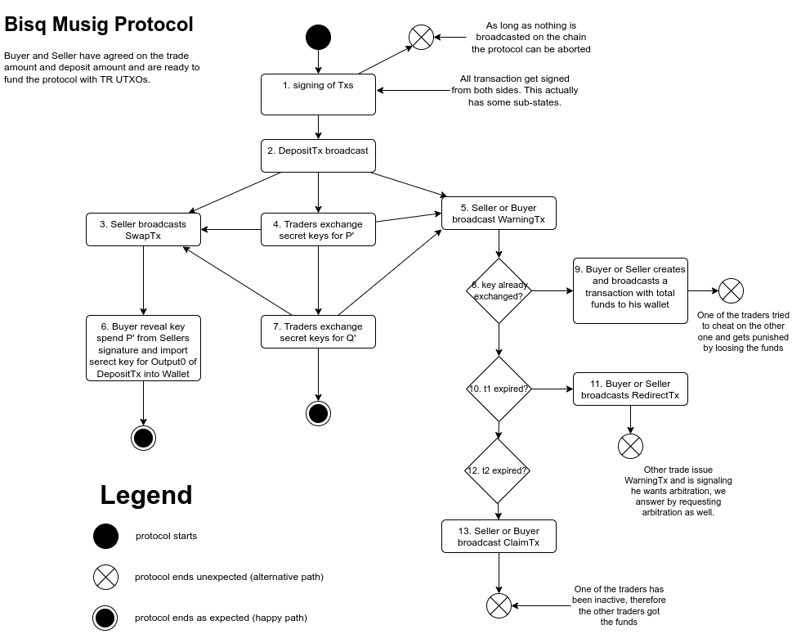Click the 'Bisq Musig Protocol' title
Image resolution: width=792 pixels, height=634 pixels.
click(x=99, y=25)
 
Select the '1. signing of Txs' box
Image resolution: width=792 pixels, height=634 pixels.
click(x=318, y=94)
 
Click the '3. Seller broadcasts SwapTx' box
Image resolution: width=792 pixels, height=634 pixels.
click(x=143, y=229)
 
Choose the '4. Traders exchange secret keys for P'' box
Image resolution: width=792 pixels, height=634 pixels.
click(x=318, y=229)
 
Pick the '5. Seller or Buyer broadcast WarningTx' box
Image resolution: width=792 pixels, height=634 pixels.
click(x=499, y=214)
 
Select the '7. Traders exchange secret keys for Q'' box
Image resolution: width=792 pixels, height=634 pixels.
click(x=318, y=332)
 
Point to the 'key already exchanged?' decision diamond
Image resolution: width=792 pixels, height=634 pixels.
click(x=499, y=290)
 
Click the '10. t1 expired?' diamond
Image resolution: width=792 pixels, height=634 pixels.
click(x=499, y=389)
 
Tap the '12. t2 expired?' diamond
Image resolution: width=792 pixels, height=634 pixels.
click(x=499, y=470)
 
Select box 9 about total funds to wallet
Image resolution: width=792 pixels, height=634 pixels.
click(x=629, y=290)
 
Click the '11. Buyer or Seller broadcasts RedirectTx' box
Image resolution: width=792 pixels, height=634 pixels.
click(x=629, y=389)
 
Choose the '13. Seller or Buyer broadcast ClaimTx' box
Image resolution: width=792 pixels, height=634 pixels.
click(x=499, y=537)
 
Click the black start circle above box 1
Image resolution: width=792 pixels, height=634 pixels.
click(x=318, y=38)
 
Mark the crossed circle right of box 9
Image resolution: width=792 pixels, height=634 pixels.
click(x=731, y=290)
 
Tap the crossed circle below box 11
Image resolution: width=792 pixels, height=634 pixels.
click(x=630, y=446)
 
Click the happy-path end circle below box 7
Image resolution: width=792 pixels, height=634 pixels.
click(x=318, y=413)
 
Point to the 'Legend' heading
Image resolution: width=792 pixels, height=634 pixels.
click(x=146, y=495)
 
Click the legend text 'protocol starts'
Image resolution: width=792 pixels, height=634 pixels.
click(x=166, y=537)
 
